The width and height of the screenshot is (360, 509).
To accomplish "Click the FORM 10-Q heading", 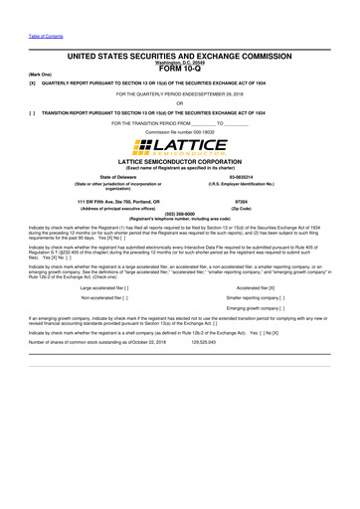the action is tap(179, 69).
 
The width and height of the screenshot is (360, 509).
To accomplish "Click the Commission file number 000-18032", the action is tap(179, 131).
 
